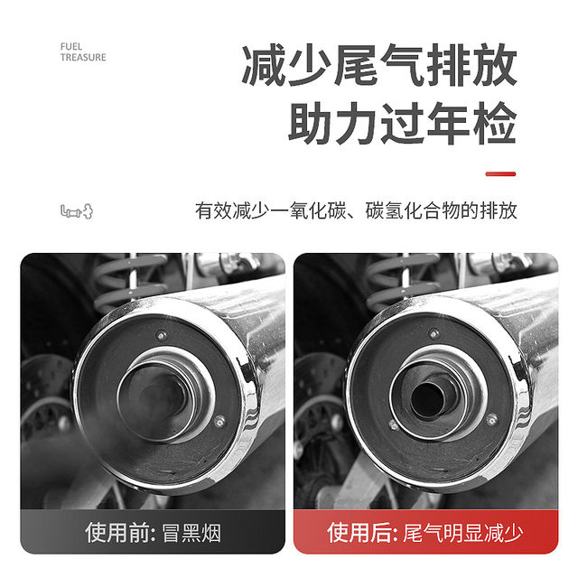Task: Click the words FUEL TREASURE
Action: (83, 51)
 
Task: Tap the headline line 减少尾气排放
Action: (379, 67)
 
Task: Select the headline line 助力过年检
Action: (402, 124)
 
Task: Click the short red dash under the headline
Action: (500, 173)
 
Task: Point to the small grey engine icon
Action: (77, 211)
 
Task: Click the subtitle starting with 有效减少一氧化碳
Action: (356, 211)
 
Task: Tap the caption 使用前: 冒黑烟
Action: (153, 531)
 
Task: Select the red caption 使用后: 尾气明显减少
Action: (425, 531)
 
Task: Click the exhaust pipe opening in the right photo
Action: (426, 397)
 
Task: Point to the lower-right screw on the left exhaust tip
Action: (220, 419)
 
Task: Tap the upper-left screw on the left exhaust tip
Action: (162, 335)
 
